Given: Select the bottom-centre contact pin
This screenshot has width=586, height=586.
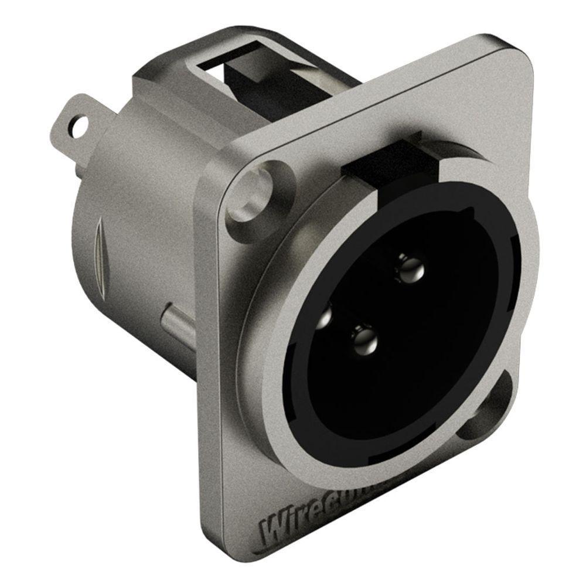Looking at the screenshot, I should click(364, 339).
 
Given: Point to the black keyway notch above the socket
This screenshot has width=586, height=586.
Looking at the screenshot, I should click(381, 158).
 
